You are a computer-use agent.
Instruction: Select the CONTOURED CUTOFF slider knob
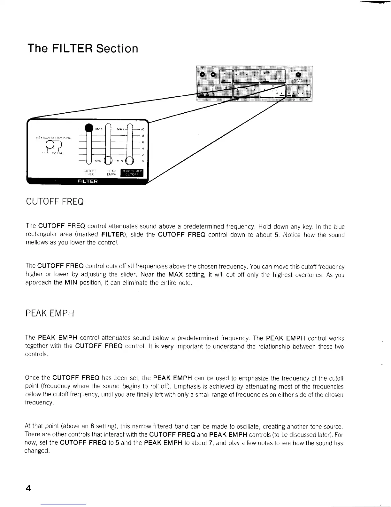point(130,161)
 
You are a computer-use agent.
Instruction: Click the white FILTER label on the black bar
point(88,181)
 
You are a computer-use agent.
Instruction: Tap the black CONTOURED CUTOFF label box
point(132,173)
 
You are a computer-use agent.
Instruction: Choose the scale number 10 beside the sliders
point(143,130)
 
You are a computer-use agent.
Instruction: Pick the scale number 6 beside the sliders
point(143,142)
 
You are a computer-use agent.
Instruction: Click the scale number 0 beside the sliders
point(143,161)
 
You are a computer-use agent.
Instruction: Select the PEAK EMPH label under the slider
point(111,173)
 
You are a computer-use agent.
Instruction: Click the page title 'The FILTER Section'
point(83,49)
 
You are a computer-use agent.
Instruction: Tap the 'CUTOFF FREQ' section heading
point(55,202)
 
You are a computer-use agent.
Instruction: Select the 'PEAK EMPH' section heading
point(50,313)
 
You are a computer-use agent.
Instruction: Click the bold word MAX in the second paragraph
point(175,275)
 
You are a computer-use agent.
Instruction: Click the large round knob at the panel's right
point(298,75)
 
